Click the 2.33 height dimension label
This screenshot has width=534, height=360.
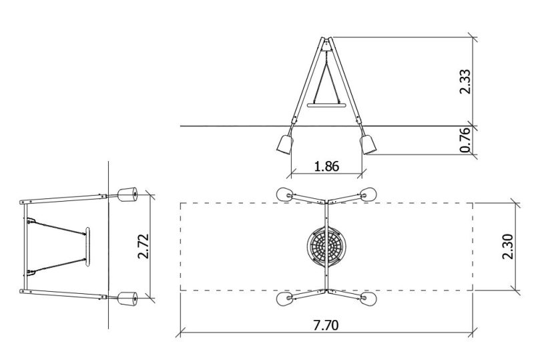tap(465, 81)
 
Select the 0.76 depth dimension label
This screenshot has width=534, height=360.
tap(465, 140)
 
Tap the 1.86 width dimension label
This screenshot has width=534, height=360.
tap(326, 166)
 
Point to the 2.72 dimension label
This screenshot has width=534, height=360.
tap(144, 246)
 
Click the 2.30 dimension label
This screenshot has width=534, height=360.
tap(507, 246)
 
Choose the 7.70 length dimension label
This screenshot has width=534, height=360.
tap(326, 325)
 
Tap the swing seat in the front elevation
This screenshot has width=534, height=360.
tap(326, 106)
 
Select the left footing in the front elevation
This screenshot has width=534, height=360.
tap(285, 144)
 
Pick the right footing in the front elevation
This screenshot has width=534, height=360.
tap(368, 144)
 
